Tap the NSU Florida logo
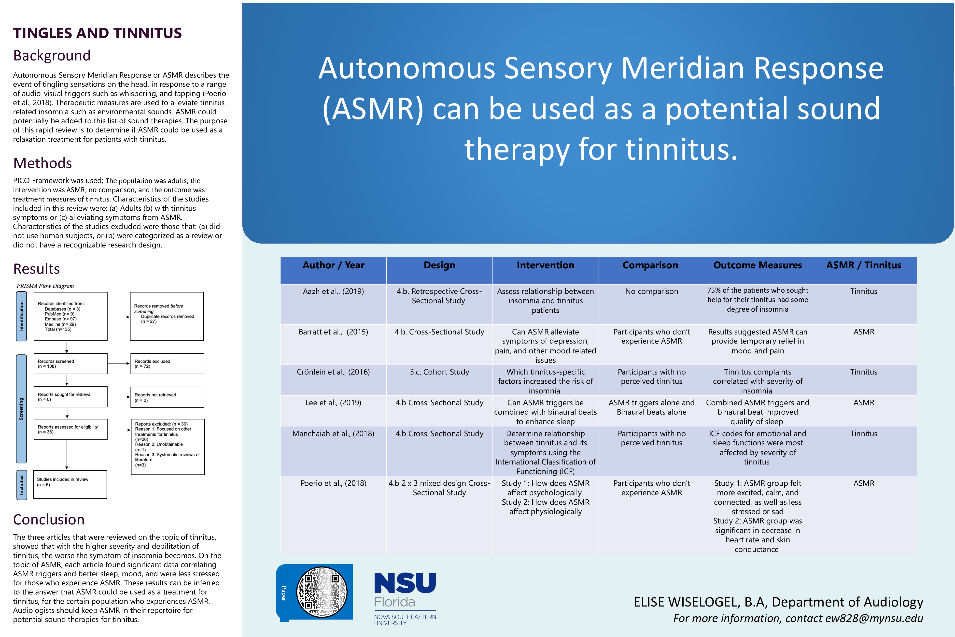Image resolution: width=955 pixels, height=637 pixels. pos(405,597)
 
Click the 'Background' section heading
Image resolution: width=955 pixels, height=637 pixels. pos(52,56)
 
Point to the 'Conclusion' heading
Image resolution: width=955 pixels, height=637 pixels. pos(49,520)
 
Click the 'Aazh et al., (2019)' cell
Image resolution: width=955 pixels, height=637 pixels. pos(333,291)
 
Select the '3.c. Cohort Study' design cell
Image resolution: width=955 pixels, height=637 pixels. pos(439,372)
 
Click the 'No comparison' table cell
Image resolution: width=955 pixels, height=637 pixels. pos(651,291)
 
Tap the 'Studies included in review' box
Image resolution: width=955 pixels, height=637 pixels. pos(70,484)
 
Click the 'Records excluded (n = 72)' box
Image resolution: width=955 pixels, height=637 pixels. pos(167,363)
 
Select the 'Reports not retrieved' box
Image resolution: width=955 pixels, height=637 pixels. pos(167,397)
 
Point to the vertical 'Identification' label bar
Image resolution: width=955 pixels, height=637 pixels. pos(22,316)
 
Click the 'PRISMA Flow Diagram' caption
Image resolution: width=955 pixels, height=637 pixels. pos(45,286)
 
